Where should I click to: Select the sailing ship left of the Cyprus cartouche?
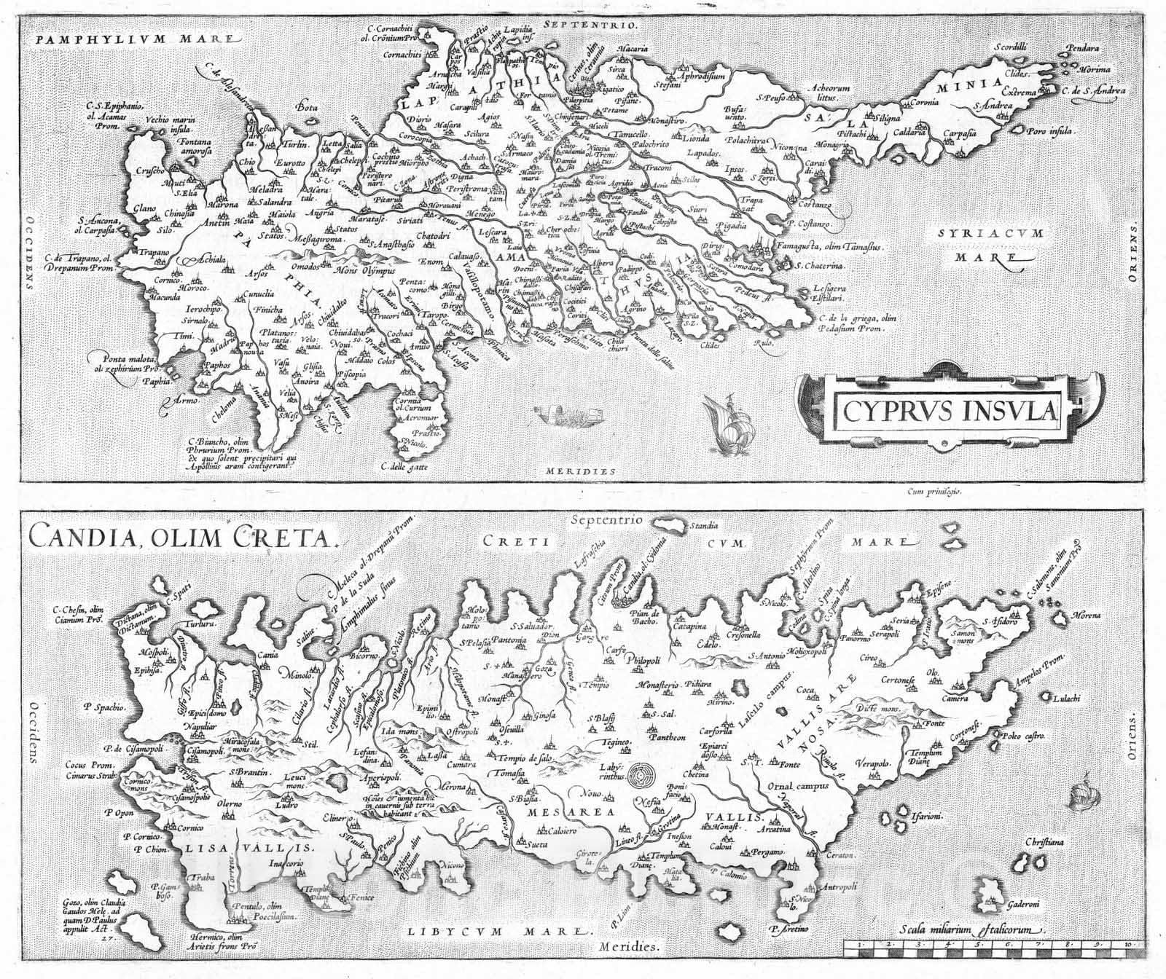click(724, 430)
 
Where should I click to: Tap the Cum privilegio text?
click(936, 492)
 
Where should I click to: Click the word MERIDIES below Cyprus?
click(581, 471)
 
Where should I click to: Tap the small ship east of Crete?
click(1084, 798)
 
